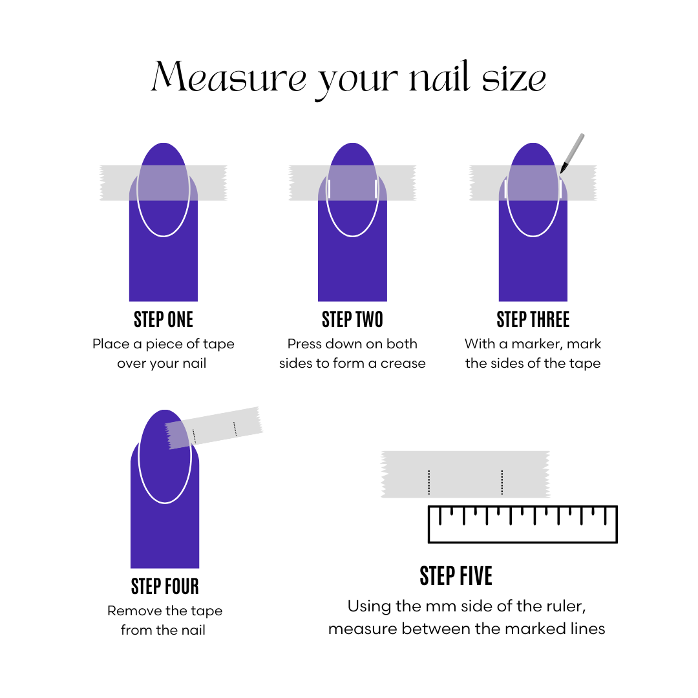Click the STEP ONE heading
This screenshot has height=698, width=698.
(x=164, y=320)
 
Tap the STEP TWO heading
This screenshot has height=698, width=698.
(x=352, y=320)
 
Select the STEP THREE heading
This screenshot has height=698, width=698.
(x=533, y=320)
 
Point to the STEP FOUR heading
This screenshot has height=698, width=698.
(x=165, y=586)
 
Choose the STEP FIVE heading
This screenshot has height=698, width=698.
(x=456, y=576)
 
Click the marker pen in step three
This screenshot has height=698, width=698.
(x=572, y=153)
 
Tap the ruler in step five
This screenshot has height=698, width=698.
(x=523, y=524)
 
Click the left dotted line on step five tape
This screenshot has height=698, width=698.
(x=428, y=482)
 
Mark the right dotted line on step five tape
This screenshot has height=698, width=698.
(x=502, y=482)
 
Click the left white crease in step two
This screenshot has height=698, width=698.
(x=330, y=189)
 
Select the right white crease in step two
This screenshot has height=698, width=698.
(x=375, y=189)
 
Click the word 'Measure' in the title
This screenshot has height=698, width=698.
(x=229, y=76)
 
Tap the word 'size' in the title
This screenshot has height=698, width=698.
(x=514, y=78)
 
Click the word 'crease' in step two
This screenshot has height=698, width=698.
(x=403, y=364)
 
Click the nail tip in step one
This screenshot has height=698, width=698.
(x=164, y=143)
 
